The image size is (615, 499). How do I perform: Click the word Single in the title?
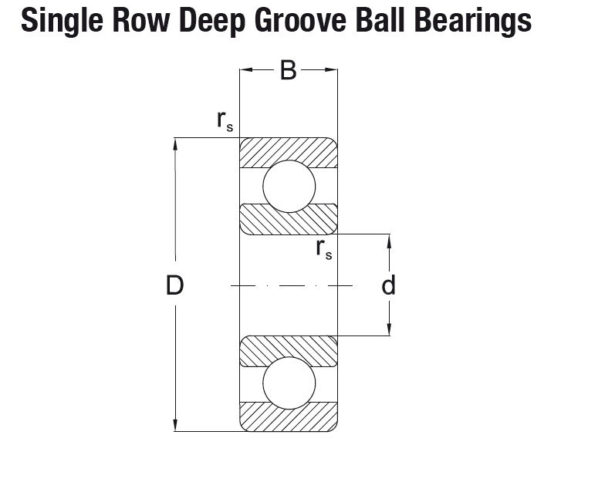click(x=62, y=22)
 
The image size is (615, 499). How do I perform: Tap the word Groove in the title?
click(x=300, y=20)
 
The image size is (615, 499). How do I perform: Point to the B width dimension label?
click(x=289, y=70)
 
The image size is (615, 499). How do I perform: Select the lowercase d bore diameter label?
click(x=388, y=285)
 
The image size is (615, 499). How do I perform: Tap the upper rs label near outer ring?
click(x=225, y=121)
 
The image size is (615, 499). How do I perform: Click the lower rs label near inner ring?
click(x=324, y=249)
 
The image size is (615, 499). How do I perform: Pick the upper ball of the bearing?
click(x=289, y=186)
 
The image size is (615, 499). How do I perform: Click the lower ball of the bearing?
click(x=289, y=383)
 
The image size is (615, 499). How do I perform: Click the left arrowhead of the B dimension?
click(x=245, y=70)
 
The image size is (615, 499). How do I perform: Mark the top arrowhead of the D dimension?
click(x=175, y=144)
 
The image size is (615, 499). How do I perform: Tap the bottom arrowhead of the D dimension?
click(x=175, y=425)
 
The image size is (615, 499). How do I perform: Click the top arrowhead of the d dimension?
click(x=389, y=241)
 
